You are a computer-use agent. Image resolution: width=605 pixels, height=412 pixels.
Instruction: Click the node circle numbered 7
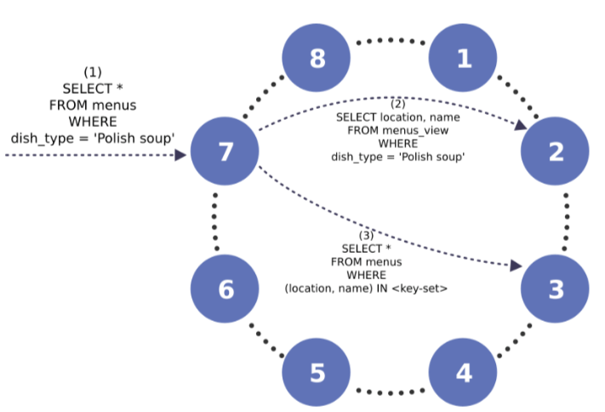tap(225, 152)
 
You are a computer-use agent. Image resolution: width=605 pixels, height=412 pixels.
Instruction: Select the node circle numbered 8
tap(317, 59)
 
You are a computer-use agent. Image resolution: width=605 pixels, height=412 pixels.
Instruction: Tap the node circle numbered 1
tap(463, 59)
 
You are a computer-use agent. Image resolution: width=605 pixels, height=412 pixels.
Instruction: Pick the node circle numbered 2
tap(555, 152)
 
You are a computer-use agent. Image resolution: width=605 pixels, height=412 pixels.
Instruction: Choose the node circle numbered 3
tap(555, 289)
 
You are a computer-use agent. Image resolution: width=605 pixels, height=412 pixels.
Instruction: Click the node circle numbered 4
tap(463, 372)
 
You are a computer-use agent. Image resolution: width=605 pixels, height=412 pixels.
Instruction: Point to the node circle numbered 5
tap(317, 372)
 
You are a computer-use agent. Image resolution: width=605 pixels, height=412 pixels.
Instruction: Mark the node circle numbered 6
tap(225, 289)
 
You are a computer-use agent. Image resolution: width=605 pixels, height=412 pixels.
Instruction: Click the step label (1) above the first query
tap(93, 72)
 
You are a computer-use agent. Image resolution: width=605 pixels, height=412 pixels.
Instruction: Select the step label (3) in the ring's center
tap(366, 234)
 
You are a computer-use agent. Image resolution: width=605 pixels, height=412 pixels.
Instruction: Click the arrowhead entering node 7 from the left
tap(180, 155)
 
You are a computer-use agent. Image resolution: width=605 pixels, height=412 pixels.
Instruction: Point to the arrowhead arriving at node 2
tap(519, 125)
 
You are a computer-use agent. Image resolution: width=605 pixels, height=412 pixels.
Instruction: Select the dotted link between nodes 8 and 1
tap(390, 40)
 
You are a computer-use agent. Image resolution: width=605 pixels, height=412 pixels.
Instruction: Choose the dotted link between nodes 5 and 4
tap(390, 392)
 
